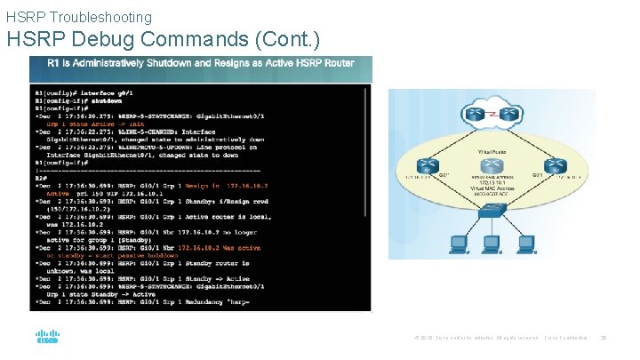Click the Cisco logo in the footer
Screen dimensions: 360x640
[x=47, y=338]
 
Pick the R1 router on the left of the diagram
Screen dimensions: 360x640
[x=428, y=166]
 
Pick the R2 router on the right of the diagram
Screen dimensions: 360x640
[x=556, y=166]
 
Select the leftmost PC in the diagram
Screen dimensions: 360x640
[x=459, y=242]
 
